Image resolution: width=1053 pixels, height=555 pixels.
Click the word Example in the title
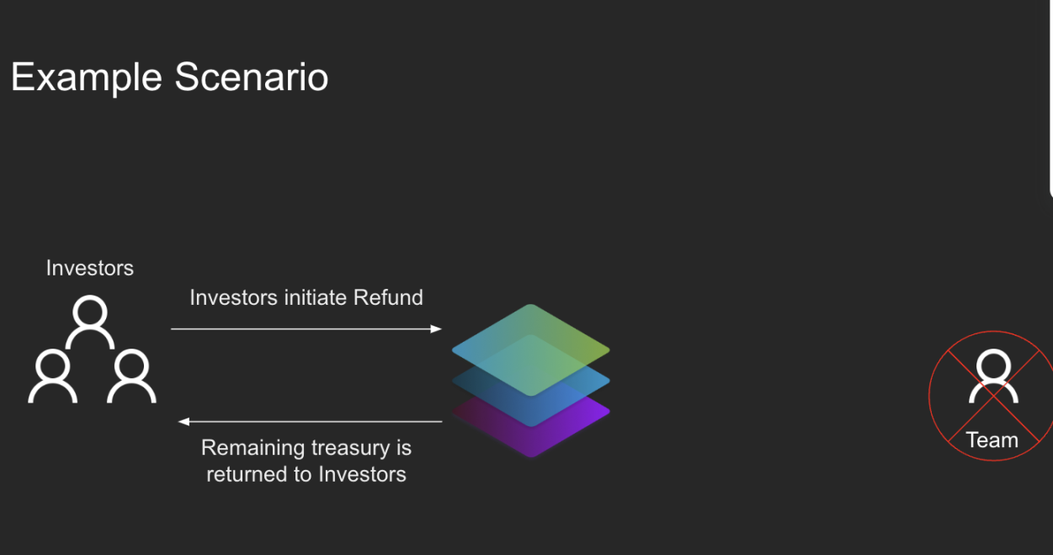[x=87, y=77]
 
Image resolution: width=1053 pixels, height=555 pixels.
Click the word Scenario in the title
[x=252, y=77]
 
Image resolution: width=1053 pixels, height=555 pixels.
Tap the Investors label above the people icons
[x=90, y=268]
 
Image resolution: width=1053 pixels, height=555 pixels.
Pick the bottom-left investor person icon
[x=53, y=376]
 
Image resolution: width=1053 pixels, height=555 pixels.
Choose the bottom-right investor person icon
[x=131, y=376]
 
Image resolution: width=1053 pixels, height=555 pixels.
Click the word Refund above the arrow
[x=388, y=298]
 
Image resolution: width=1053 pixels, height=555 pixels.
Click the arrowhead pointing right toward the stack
[x=436, y=328]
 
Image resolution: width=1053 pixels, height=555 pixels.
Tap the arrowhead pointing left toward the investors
[x=183, y=421]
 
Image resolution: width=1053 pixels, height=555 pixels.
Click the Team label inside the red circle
[x=992, y=440]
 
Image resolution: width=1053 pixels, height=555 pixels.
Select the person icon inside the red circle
[x=993, y=376]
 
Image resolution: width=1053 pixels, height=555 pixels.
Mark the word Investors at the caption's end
[x=362, y=474]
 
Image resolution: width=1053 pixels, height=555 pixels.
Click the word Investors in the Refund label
[x=234, y=298]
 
